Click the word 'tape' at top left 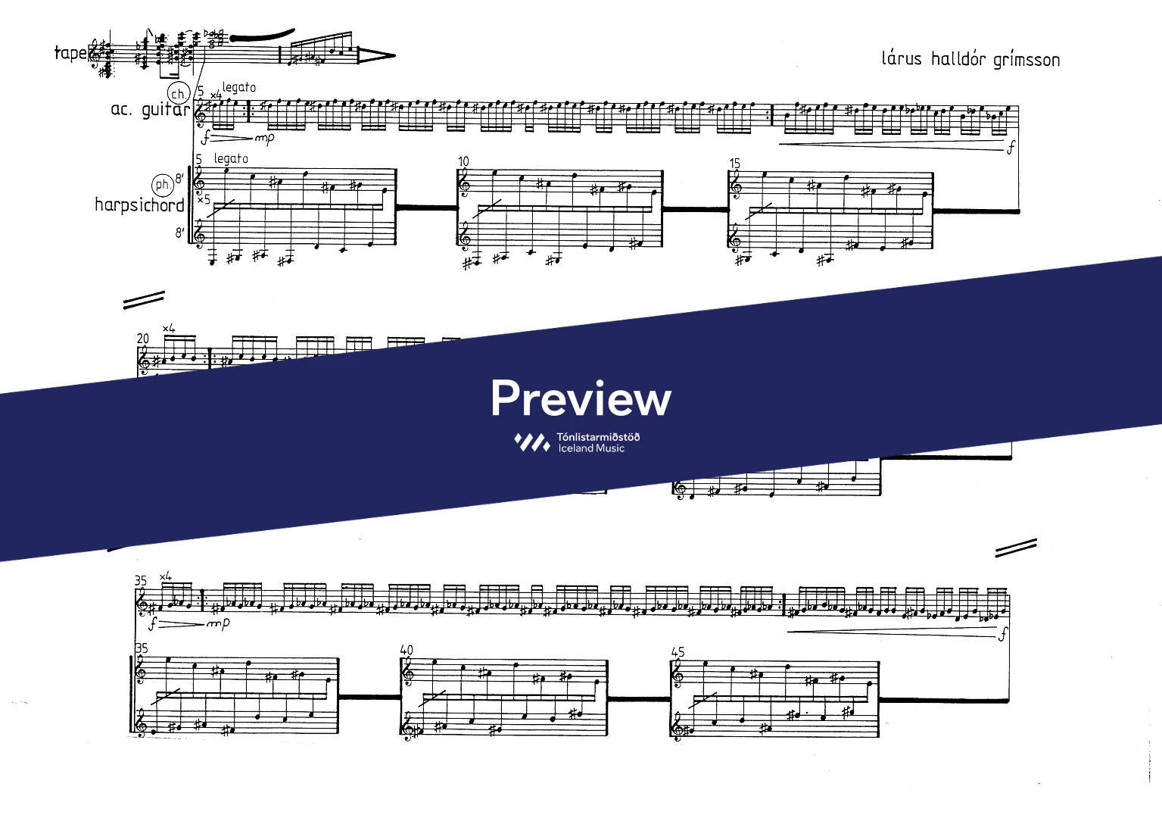point(70,54)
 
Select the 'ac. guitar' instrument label point(151,110)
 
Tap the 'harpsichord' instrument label point(139,205)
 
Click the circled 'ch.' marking point(179,94)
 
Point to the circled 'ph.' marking point(162,185)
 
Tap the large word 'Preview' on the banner point(581,398)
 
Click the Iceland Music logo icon point(531,442)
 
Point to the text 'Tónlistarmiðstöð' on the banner point(598,437)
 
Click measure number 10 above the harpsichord point(463,161)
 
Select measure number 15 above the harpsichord point(734,164)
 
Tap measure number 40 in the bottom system point(407,650)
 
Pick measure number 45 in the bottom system point(678,652)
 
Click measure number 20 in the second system point(142,339)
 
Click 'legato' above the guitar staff point(239,88)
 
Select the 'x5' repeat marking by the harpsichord point(204,199)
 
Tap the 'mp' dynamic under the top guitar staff point(264,138)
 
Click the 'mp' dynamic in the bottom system point(218,623)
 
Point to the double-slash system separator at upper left point(144,300)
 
